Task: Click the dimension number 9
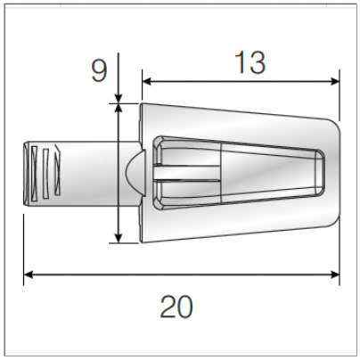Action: click(x=98, y=70)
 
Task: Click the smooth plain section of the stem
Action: click(x=89, y=172)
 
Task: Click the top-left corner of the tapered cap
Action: click(x=143, y=105)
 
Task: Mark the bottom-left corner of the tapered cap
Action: click(x=143, y=239)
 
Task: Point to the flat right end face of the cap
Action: click(x=340, y=172)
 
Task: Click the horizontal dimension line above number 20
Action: click(x=178, y=274)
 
